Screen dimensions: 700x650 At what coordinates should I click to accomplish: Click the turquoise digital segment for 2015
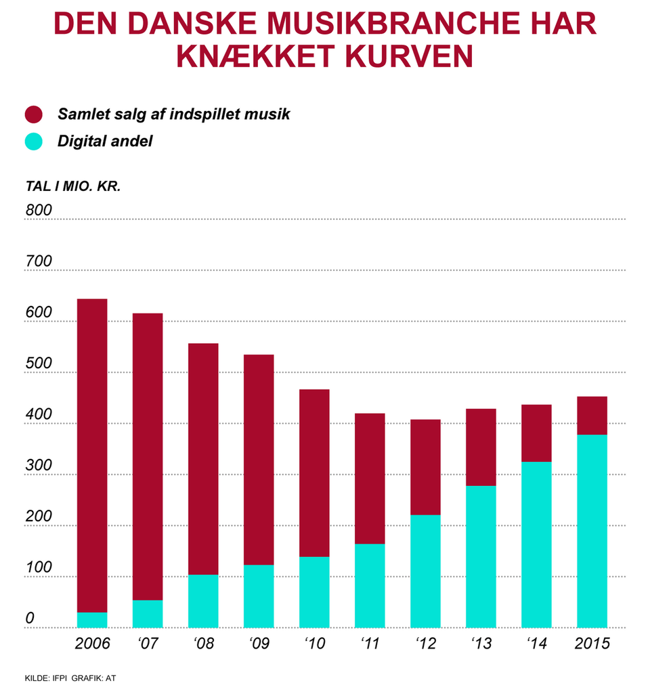tap(592, 531)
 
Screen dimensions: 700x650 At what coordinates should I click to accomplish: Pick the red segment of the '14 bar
tap(536, 433)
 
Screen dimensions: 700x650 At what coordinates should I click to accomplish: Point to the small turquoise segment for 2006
tap(92, 620)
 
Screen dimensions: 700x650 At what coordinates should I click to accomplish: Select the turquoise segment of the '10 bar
tap(314, 592)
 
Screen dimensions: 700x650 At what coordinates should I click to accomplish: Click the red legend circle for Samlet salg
tap(33, 114)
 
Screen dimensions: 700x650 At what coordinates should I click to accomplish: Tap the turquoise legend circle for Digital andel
tap(33, 141)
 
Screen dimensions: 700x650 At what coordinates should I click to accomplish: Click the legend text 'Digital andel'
tap(105, 141)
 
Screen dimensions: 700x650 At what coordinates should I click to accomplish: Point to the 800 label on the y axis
tap(39, 211)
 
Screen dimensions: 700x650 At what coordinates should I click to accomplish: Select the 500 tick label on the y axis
tap(39, 364)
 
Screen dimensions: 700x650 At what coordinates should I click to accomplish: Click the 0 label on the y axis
tap(30, 619)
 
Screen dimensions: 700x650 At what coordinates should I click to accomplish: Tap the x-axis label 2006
tap(92, 643)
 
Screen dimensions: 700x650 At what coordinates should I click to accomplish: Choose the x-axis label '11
tap(370, 643)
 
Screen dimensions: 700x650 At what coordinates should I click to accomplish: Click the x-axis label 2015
tap(592, 643)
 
